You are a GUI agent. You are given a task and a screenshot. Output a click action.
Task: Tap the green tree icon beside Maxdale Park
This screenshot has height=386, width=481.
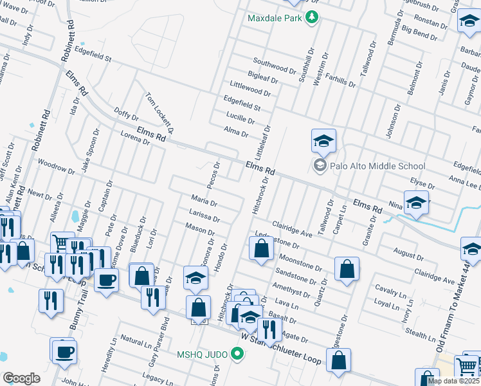click(x=312, y=17)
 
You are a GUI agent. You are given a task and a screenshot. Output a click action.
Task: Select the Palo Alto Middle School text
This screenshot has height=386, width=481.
click(x=377, y=166)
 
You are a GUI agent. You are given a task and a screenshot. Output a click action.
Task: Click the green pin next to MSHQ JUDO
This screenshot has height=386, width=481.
click(x=237, y=353)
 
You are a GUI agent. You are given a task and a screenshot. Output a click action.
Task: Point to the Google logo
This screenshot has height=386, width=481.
click(x=21, y=378)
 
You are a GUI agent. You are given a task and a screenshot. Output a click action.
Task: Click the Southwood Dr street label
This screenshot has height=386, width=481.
click(x=273, y=66)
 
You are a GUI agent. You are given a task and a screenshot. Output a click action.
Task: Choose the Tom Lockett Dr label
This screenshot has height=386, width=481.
click(x=159, y=109)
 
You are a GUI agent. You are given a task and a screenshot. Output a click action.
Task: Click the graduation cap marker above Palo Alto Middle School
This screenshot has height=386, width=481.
click(x=323, y=141)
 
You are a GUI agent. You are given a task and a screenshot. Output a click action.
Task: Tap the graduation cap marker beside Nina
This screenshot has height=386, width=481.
click(x=416, y=203)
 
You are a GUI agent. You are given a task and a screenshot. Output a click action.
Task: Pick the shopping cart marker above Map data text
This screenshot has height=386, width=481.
click(x=467, y=367)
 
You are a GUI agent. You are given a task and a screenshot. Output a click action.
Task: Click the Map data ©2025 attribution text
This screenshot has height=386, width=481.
click(x=454, y=381)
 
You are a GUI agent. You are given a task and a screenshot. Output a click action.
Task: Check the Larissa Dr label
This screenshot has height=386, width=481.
click(x=204, y=216)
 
